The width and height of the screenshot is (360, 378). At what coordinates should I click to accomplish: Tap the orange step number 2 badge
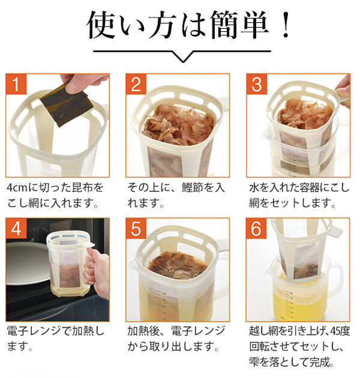(x=136, y=84)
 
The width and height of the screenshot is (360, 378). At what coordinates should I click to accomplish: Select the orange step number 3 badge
(x=257, y=84)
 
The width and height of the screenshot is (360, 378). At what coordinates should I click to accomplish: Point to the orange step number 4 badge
(x=16, y=229)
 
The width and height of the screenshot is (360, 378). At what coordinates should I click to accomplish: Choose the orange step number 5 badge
(x=136, y=229)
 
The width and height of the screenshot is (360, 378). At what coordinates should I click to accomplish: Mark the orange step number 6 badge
(x=257, y=229)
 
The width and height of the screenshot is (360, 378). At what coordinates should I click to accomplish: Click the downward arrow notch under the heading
(x=179, y=57)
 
